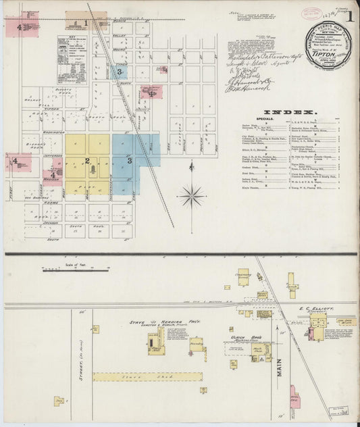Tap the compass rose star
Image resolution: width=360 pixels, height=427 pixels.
pos(192,196)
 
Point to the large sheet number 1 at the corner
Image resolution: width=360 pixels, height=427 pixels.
pos(349,32)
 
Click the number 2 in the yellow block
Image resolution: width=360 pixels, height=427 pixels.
pos(87,160)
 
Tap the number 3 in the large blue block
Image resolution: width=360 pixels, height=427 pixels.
pos(129,160)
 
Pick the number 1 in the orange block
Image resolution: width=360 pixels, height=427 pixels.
pos(86,22)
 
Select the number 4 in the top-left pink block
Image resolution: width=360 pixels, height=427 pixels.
pos(20,26)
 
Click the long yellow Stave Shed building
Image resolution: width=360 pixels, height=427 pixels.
pos(147,376)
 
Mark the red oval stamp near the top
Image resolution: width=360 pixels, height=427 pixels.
pos(311,13)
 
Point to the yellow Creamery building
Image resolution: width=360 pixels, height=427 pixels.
pos(243,278)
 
